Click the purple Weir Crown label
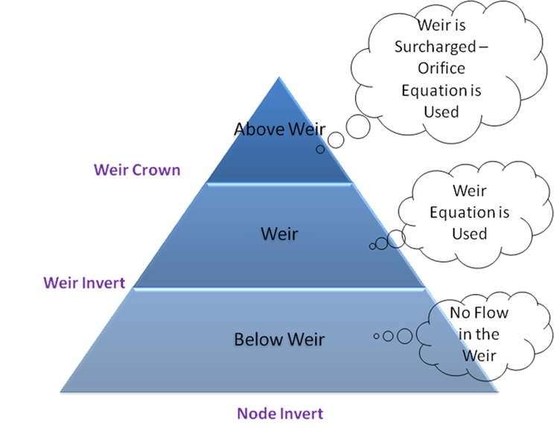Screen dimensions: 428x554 [137, 170]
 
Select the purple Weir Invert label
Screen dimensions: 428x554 [83, 283]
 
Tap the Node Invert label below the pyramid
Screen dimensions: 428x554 [280, 412]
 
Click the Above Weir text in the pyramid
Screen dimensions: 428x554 [279, 129]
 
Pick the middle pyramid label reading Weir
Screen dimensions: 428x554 [279, 234]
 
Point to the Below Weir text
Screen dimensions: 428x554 [279, 339]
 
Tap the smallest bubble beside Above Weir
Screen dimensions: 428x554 [320, 149]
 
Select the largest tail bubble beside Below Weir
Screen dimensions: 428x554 [404, 336]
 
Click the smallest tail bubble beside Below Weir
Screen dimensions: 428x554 [376, 336]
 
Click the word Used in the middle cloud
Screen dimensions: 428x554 [469, 233]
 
